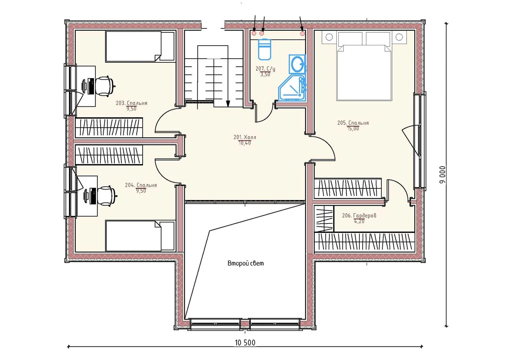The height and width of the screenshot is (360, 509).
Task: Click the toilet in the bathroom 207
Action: pyautogui.click(x=264, y=49)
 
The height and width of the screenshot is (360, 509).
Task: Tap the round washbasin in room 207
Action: pyautogui.click(x=297, y=64)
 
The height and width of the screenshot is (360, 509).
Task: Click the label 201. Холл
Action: pyautogui.click(x=245, y=137)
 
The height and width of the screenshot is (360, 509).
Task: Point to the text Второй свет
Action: pyautogui.click(x=246, y=263)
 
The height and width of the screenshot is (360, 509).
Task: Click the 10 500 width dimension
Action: pyautogui.click(x=245, y=343)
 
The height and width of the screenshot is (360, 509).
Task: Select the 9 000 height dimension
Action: pyautogui.click(x=442, y=175)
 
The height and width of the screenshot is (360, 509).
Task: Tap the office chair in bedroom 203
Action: pyautogui.click(x=105, y=86)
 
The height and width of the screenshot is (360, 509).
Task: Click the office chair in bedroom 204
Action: pyautogui.click(x=106, y=196)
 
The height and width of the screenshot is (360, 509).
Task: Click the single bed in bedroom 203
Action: pyautogui.click(x=140, y=46)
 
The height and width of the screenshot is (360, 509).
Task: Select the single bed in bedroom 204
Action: pyautogui.click(x=140, y=236)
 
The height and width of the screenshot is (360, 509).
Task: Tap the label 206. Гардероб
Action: pyautogui.click(x=359, y=215)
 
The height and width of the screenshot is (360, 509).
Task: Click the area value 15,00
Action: pyautogui.click(x=353, y=129)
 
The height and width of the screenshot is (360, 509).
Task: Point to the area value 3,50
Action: pyautogui.click(x=265, y=74)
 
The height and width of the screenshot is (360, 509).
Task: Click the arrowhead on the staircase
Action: pyautogui.click(x=228, y=104)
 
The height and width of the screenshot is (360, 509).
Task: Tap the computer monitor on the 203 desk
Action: pyautogui.click(x=85, y=86)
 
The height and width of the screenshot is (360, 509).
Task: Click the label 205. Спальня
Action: pyautogui.click(x=353, y=123)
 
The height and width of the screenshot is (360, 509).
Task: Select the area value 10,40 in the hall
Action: pyautogui.click(x=245, y=143)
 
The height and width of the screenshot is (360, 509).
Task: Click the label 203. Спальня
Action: pyautogui.click(x=132, y=103)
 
